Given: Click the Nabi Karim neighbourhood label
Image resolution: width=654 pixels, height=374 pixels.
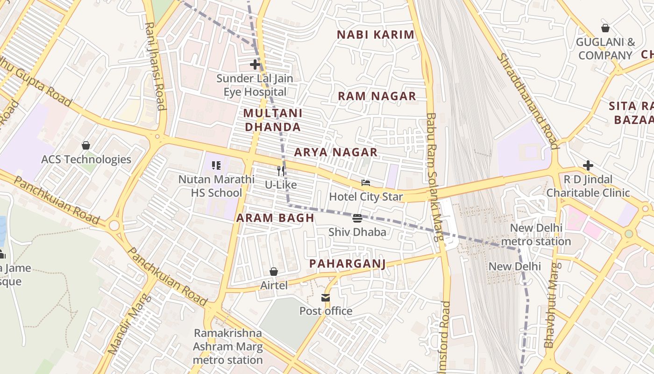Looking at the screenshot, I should coord(376,35).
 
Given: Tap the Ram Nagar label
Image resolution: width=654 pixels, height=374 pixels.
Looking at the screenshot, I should coord(377,96).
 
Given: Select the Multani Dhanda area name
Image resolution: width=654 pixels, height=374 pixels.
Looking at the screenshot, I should coord(273,120).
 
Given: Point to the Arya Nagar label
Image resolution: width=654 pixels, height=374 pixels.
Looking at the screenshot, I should coord(336,152).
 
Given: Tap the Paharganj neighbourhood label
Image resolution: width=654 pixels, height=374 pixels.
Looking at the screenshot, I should coord(348,264).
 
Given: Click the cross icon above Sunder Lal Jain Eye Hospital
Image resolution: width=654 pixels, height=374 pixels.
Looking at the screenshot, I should coord(255,65).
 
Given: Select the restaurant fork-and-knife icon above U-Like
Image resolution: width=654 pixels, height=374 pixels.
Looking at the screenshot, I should coord(281,171).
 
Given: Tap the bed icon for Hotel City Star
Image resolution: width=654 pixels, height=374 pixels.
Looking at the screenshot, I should coord(366,183).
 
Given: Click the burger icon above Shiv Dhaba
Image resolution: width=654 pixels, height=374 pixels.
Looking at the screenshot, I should coord(357,218).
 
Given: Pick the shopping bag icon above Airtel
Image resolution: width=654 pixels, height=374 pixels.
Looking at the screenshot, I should coord(274,272).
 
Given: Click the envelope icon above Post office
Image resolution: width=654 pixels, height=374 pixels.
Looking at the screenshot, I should coord(326,298).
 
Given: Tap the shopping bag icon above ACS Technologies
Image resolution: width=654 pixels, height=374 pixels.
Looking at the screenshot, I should coord(86,145).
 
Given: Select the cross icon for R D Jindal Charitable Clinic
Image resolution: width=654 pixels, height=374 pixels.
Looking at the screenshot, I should coord(588,165).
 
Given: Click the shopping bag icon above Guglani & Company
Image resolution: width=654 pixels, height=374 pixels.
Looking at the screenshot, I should coord(605,28).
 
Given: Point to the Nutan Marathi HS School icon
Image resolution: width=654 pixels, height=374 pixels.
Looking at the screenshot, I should coord(216,165).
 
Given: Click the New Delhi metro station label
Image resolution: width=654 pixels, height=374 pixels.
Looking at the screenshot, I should coord(536,235).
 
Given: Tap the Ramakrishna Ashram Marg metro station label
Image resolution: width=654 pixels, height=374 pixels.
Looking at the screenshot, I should coord(228,346).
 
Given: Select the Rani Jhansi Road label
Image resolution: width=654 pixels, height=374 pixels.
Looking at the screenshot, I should coord(155,65).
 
